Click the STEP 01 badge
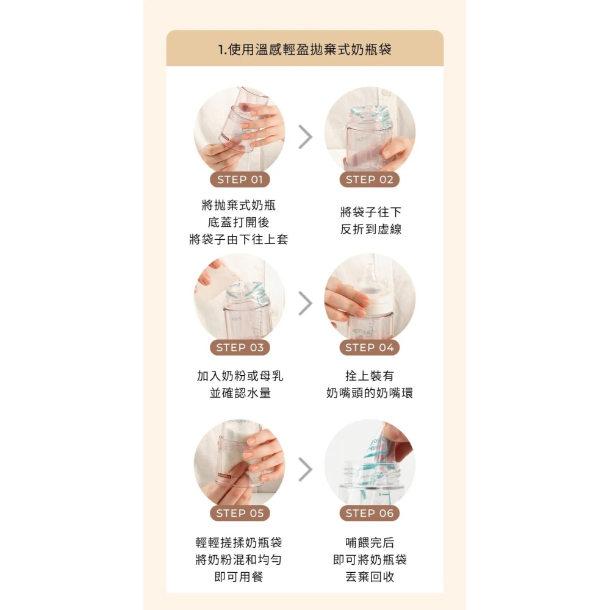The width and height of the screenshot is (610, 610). tap(240, 179)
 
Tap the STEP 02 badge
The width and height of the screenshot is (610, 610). tap(370, 179)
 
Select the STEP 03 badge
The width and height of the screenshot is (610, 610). tap(240, 348)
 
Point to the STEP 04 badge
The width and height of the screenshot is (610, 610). tap(370, 348)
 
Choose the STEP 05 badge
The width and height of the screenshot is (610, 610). tap(240, 514)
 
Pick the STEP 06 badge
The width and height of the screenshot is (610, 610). tap(370, 514)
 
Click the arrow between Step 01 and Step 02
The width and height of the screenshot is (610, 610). tap(305, 137)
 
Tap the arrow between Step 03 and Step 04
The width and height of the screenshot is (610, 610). tap(305, 303)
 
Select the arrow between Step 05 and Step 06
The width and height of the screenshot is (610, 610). tap(305, 469)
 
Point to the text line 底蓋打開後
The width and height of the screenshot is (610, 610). tap(239, 222)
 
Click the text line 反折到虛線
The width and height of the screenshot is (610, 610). tap(371, 230)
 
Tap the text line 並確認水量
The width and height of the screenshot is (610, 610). tap(240, 393)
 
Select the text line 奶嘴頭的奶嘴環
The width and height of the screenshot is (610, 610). tap(370, 393)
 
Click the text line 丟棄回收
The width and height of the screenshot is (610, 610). tap(370, 576)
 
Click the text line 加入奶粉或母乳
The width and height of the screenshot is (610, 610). tap(240, 376)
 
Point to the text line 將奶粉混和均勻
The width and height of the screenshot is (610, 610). tap(239, 559)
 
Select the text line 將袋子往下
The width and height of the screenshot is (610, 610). tap(371, 212)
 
